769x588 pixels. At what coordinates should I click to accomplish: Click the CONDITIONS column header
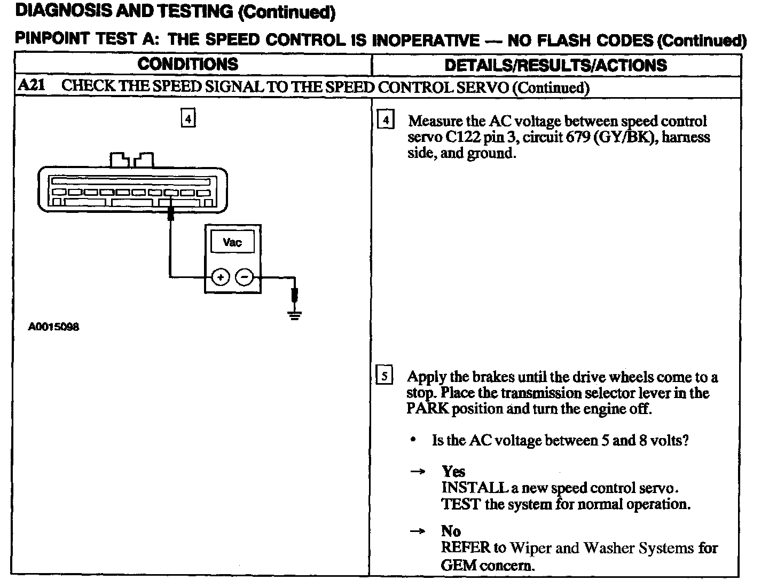tap(187, 65)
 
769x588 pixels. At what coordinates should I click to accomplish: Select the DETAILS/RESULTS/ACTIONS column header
tap(555, 66)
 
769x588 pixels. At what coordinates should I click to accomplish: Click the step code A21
tap(30, 86)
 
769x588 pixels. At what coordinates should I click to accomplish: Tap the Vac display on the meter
tap(232, 243)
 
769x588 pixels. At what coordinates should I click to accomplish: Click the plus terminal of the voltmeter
tap(220, 277)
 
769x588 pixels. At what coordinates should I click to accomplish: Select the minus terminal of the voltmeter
tap(245, 277)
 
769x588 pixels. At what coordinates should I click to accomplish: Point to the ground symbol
tap(294, 313)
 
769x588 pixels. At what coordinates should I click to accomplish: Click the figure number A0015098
tap(53, 327)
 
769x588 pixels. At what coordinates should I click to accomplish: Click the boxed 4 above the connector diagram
tap(188, 118)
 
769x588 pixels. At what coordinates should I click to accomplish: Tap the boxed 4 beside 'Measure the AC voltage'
tap(385, 120)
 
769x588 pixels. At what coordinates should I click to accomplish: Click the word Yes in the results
tap(453, 472)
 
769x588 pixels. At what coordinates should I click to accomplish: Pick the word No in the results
tap(451, 531)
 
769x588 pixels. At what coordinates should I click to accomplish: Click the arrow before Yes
tap(418, 472)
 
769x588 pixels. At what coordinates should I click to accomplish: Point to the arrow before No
tap(418, 531)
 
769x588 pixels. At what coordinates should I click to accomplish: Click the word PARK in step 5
tap(428, 409)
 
